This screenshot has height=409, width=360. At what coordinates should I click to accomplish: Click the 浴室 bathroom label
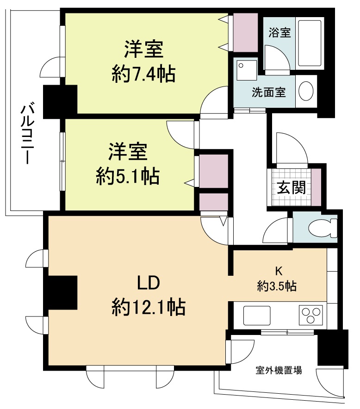279,33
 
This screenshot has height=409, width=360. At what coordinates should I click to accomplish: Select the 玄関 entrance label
291,187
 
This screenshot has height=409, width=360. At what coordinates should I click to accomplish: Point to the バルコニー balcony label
26,134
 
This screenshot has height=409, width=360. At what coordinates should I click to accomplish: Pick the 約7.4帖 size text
143,74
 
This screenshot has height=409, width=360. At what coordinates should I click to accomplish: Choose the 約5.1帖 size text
128,176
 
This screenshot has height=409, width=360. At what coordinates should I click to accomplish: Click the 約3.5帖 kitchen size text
277,286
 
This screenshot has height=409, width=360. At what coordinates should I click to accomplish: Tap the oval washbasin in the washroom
306,91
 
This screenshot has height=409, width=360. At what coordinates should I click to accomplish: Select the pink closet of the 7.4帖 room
245,32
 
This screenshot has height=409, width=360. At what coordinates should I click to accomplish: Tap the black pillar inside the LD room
61,292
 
